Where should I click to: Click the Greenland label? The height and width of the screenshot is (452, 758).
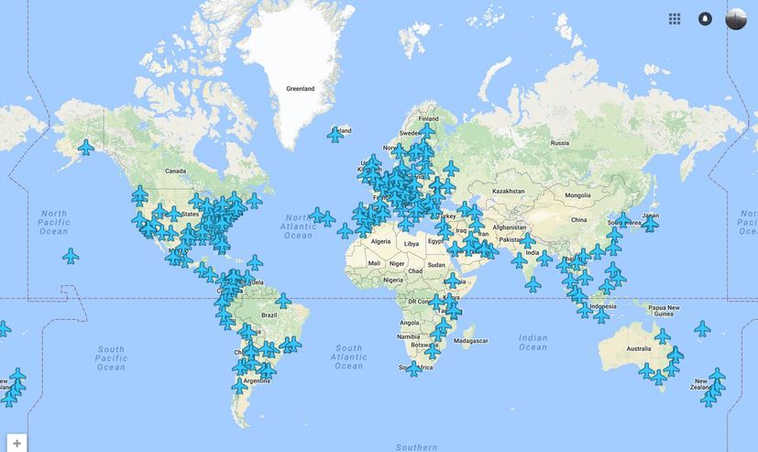pyautogui.click(x=300, y=89)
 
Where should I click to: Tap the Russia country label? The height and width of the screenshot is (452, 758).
pyautogui.click(x=559, y=143)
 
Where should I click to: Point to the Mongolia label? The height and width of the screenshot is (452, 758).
pyautogui.click(x=577, y=195)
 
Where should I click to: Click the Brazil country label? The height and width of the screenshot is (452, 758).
pyautogui.click(x=269, y=314)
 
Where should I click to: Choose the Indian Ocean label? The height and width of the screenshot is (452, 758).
pyautogui.click(x=533, y=342)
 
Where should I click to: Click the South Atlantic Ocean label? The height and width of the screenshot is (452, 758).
pyautogui.click(x=348, y=357)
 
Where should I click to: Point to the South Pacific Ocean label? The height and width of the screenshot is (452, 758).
pyautogui.click(x=111, y=358)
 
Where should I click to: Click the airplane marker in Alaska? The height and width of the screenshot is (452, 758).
pyautogui.click(x=86, y=147)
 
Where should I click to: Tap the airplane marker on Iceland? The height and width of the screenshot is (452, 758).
pyautogui.click(x=335, y=135)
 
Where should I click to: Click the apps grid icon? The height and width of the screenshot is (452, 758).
pyautogui.click(x=675, y=18)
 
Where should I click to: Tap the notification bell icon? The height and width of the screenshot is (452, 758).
pyautogui.click(x=705, y=18)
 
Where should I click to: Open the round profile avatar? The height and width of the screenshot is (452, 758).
pyautogui.click(x=736, y=18)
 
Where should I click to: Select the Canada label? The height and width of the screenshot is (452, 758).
pyautogui.click(x=175, y=171)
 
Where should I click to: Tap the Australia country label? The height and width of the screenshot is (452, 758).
pyautogui.click(x=638, y=348)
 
